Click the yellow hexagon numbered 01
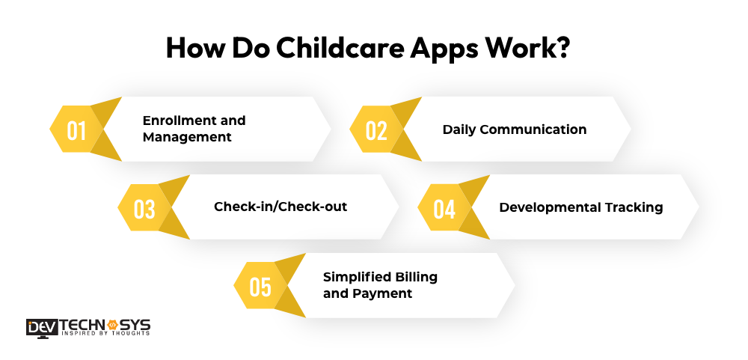coord(76,129)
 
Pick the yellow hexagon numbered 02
coord(376,129)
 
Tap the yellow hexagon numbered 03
coord(144,208)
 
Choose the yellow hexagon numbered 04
coord(444,208)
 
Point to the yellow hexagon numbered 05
coord(260,286)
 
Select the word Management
coord(187,138)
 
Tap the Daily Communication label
coord(515,130)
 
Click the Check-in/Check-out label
coord(280,207)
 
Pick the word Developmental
coord(550,208)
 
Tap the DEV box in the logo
coord(43,327)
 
